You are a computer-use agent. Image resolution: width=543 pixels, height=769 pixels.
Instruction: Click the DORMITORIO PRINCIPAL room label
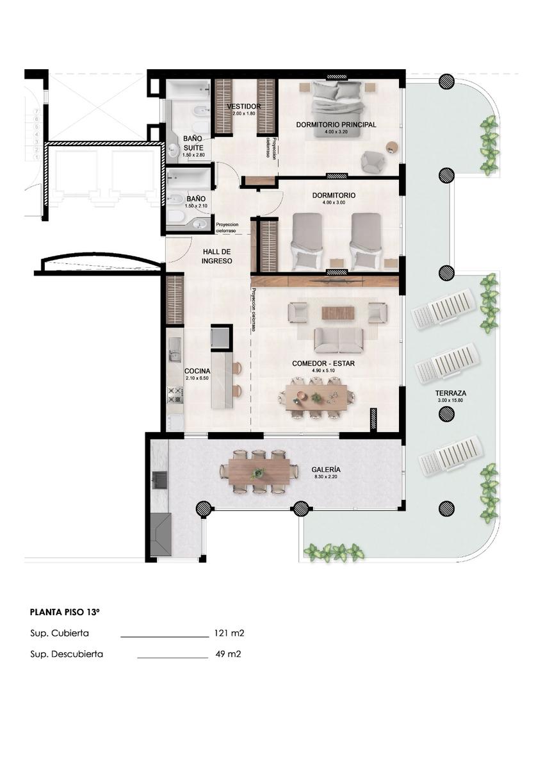tap(336, 124)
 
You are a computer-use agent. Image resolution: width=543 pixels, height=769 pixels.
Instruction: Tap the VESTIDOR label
tap(244, 106)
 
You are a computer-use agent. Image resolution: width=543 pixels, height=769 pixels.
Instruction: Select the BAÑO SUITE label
tap(193, 143)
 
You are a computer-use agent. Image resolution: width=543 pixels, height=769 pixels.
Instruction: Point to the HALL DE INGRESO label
tap(216, 256)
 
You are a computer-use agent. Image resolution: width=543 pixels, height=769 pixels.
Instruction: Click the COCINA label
tap(197, 371)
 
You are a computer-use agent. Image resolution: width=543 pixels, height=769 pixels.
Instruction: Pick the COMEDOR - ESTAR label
tap(323, 363)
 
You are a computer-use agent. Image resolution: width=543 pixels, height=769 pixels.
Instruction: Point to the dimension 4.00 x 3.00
tap(334, 203)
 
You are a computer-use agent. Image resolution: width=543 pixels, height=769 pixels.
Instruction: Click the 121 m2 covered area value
tap(229, 633)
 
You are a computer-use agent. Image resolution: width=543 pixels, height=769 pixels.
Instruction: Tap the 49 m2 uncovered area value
tap(228, 654)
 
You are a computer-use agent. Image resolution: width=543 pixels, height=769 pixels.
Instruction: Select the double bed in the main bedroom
tap(338, 110)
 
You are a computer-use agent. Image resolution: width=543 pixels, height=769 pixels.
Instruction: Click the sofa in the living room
tap(339, 340)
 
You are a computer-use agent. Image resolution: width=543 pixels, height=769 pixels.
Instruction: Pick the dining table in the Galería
tap(259, 472)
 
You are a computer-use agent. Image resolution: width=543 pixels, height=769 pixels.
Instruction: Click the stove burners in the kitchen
tap(175, 395)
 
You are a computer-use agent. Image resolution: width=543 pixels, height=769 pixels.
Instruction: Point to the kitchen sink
tap(175, 350)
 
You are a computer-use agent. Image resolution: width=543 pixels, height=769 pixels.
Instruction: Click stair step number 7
tap(36, 112)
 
